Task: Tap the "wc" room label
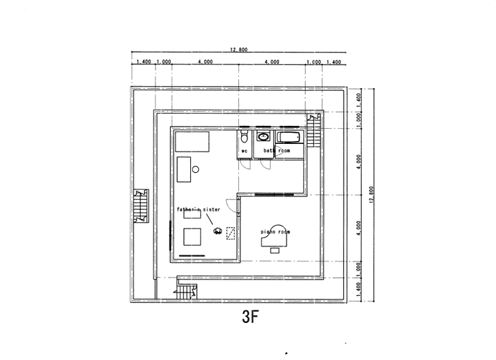point(244,150)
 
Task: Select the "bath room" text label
point(276,150)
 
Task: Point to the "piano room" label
point(275,233)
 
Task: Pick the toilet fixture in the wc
point(245,136)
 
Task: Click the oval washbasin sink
point(262,136)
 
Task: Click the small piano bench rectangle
point(275,251)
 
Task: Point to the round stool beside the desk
point(195,169)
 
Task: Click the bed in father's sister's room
point(192,142)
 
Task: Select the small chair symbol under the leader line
point(218,231)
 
